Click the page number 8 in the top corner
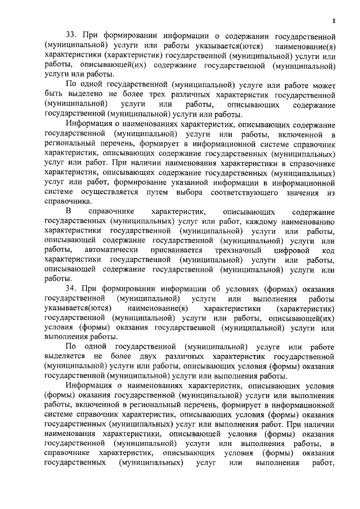tap(334, 21)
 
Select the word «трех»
tap(190, 94)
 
